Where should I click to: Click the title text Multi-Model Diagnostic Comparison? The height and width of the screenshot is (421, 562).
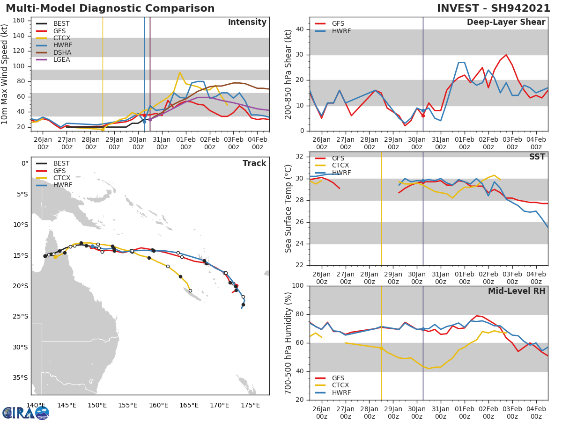110,8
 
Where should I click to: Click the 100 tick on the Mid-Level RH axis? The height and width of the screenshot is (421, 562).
298,286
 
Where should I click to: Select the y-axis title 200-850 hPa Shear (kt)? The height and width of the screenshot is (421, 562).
288,74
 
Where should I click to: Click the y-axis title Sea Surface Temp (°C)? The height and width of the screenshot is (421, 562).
288,209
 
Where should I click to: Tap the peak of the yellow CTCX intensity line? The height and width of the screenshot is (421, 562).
180,73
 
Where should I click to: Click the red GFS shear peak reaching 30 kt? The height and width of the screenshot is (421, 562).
506,55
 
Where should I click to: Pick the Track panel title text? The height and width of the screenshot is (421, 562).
254,164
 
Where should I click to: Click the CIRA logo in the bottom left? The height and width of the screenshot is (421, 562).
26,412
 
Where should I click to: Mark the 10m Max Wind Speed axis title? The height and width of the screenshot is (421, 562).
5,74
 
